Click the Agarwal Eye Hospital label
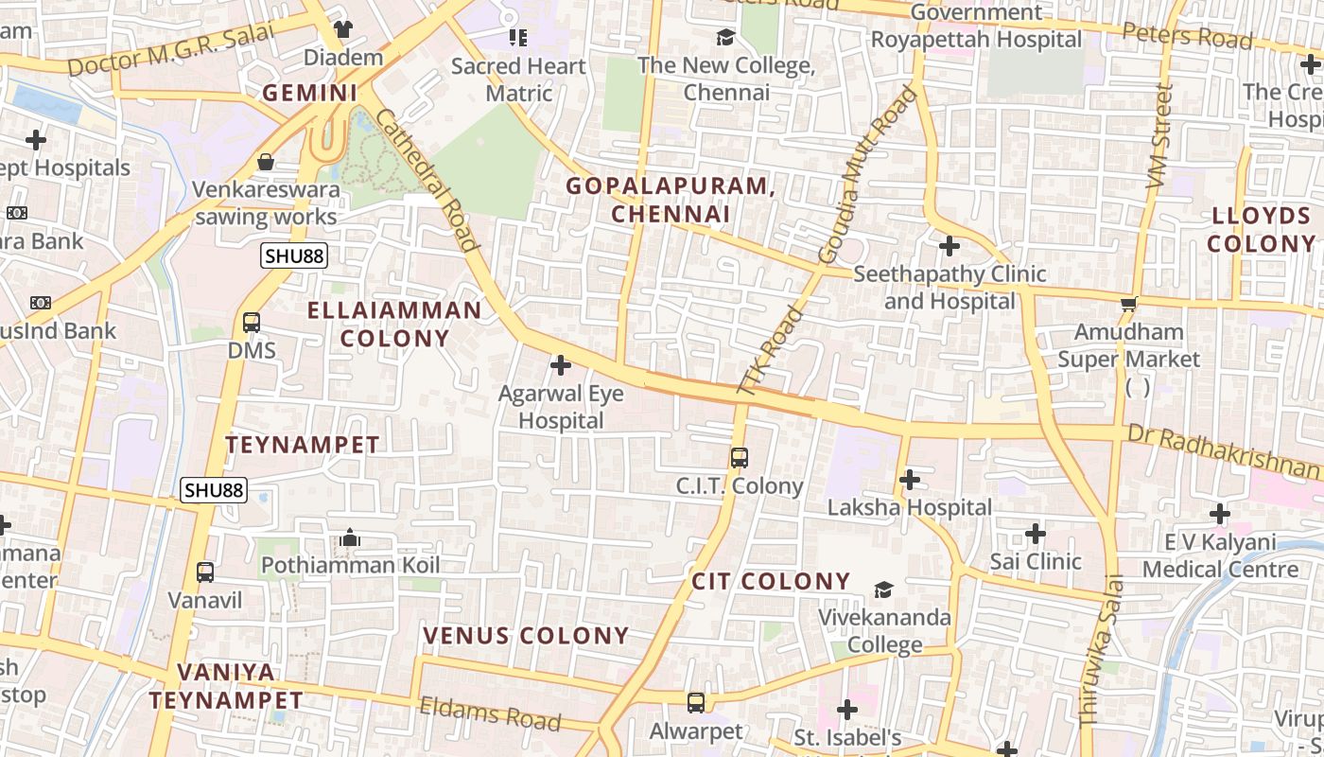[x=561, y=407]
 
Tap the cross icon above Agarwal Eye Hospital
[x=561, y=365]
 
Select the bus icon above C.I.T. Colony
[x=740, y=458]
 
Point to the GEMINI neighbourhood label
[x=310, y=93]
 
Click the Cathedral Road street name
[x=427, y=181]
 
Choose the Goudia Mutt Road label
[x=867, y=175]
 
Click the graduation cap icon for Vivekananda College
[x=883, y=590]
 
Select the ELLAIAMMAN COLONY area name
[x=395, y=324]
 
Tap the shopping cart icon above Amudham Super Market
[x=1128, y=305]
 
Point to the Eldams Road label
[x=490, y=713]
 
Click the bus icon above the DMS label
[x=252, y=323]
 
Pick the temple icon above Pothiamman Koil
[x=351, y=538]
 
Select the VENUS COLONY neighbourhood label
[x=526, y=635]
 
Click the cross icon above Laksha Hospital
[x=910, y=480]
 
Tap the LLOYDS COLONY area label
[x=1261, y=230]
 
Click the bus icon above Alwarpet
[x=696, y=703]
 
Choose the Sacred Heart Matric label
[x=518, y=79]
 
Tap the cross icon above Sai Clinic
[x=1036, y=534]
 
